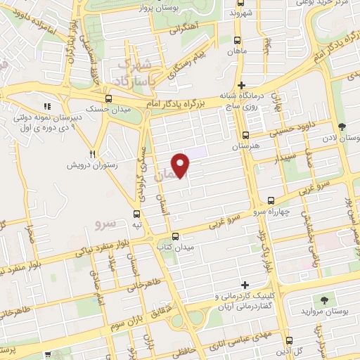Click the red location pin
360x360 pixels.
click(x=181, y=165)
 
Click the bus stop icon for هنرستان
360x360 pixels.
click(x=245, y=136)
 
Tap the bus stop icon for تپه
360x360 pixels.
click(x=136, y=214)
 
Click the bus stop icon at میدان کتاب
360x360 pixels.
click(x=175, y=237)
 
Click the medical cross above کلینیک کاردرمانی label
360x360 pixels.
click(x=245, y=285)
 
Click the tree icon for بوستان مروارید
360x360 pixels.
click(x=324, y=300)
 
